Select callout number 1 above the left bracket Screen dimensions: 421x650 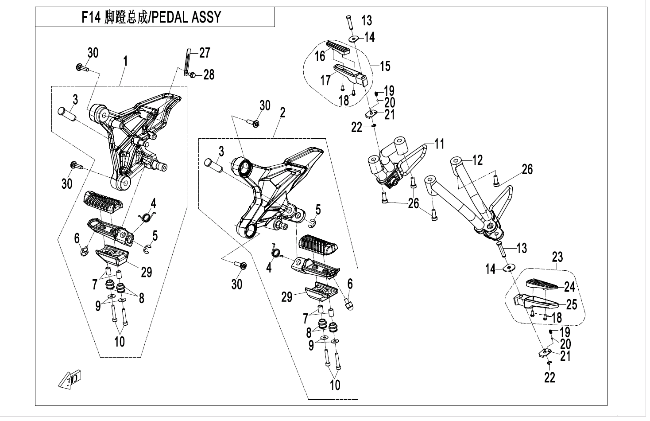point(125,61)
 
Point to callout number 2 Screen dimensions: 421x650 point(282,112)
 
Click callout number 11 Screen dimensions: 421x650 point(439,144)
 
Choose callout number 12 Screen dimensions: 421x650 point(477,160)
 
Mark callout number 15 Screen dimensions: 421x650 point(385,66)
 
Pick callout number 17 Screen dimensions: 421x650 point(325,80)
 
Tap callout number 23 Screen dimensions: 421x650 point(557,257)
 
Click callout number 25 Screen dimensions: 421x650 point(572,304)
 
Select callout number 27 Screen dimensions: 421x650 point(205,53)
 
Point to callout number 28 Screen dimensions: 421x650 point(209,74)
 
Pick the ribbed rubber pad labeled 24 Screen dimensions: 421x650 point(543,284)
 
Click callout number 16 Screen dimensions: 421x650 point(320,56)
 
